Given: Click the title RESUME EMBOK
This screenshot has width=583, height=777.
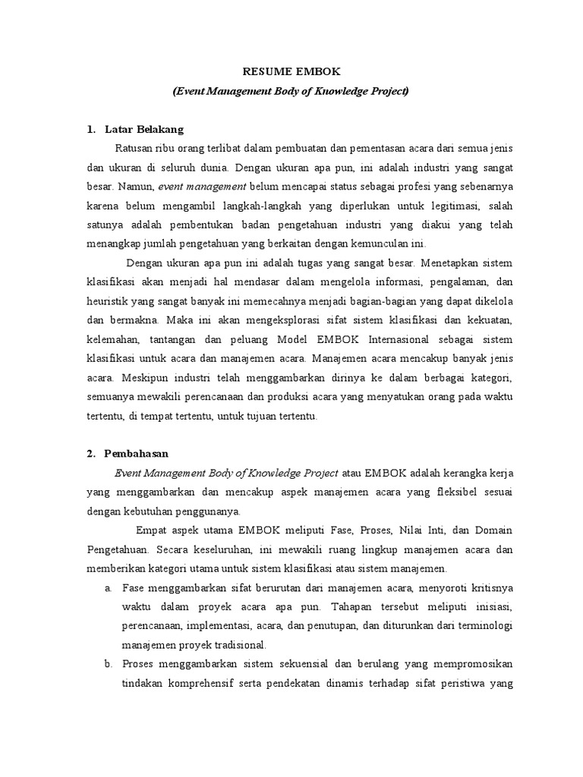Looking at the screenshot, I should (291, 72).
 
